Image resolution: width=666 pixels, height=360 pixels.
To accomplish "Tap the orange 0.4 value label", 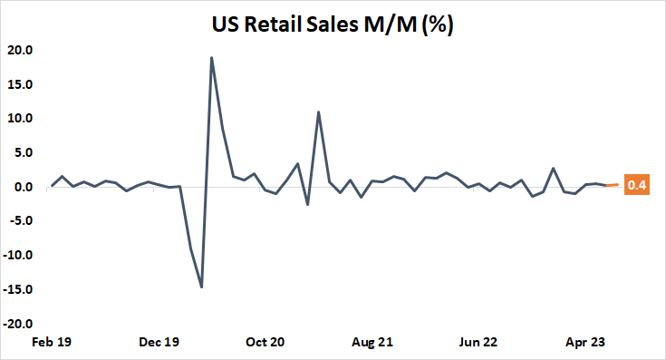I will [637, 187].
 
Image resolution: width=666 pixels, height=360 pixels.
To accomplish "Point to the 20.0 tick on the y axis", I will [21, 50].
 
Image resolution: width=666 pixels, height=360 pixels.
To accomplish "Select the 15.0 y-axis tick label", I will [21, 84].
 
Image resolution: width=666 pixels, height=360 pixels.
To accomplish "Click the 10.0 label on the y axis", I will [21, 118].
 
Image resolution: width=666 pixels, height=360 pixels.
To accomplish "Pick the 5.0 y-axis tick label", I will [24, 152].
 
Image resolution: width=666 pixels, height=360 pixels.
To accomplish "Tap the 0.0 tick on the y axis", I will [24, 187].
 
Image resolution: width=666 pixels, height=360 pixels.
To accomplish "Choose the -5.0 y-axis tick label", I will [22, 221].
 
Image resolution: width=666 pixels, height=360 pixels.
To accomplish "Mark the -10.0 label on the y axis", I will [19, 255].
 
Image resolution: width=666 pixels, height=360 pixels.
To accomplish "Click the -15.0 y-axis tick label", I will [19, 289].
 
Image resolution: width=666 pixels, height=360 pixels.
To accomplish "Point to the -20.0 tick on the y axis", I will [19, 324].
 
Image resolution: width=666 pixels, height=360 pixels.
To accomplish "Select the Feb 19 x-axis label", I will [53, 343].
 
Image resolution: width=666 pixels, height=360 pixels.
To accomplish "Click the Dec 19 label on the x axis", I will [159, 343].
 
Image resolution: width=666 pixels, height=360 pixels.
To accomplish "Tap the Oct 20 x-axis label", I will [265, 343].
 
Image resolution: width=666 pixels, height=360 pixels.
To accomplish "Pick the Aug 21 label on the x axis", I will [372, 343].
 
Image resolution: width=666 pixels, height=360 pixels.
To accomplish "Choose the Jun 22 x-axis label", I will [478, 343].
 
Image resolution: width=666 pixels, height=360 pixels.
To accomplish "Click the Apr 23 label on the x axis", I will [585, 343].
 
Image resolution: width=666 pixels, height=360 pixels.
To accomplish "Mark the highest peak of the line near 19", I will [212, 58].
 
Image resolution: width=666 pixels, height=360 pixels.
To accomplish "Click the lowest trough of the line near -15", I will [201, 287].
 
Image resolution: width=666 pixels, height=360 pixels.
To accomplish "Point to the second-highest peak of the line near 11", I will [319, 112].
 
